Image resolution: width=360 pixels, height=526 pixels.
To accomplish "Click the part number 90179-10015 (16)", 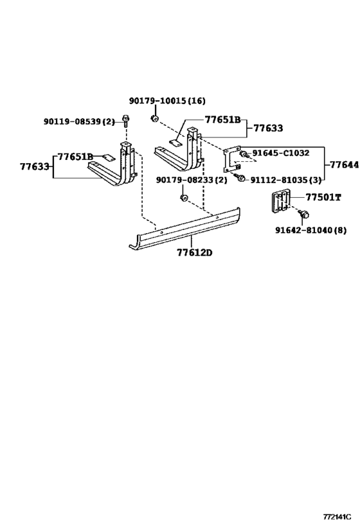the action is pos(167,101).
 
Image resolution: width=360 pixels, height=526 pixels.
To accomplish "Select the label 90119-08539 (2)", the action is pos(79,121).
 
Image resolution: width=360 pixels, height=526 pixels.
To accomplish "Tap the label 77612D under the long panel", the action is pos(195,252).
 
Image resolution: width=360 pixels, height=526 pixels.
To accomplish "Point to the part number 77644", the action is pos(344,164).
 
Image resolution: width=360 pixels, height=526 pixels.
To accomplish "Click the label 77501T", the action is pos(323,197).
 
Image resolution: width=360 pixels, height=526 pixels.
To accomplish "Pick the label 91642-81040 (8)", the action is pos(311,230).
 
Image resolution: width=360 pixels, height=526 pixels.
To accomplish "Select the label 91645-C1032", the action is pos(281,153).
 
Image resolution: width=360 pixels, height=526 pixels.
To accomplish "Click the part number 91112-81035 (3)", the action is pos(286,180).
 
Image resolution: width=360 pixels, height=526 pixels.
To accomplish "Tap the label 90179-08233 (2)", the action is pos(192,180).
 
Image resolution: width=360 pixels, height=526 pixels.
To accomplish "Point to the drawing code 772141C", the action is pos(337,516).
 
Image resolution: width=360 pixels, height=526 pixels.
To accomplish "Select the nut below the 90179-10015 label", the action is pos(155,118).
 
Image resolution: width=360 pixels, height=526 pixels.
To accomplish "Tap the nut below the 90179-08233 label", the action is pos(183,198).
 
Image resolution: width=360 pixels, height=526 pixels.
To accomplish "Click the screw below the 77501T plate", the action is pos(304,214).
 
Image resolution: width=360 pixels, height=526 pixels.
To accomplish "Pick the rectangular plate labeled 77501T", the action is pos(281,202).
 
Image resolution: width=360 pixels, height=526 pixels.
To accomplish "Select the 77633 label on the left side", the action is pos(35,166).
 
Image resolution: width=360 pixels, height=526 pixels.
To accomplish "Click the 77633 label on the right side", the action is pos(268,128).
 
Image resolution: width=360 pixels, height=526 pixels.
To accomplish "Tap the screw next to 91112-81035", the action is pos(241,178).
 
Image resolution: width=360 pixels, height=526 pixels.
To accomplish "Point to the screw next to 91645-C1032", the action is pos(244,155).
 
